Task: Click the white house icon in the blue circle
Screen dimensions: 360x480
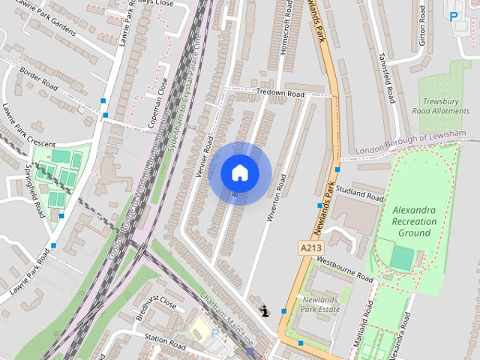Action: click(x=240, y=173)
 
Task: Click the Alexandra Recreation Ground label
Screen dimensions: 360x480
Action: click(x=413, y=221)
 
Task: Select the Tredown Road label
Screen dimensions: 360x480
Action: click(x=280, y=94)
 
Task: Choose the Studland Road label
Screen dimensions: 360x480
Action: click(x=360, y=193)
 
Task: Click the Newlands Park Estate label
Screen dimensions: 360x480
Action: click(x=320, y=304)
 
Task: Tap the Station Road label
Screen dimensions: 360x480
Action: click(x=164, y=343)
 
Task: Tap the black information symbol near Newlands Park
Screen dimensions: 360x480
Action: click(x=265, y=310)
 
